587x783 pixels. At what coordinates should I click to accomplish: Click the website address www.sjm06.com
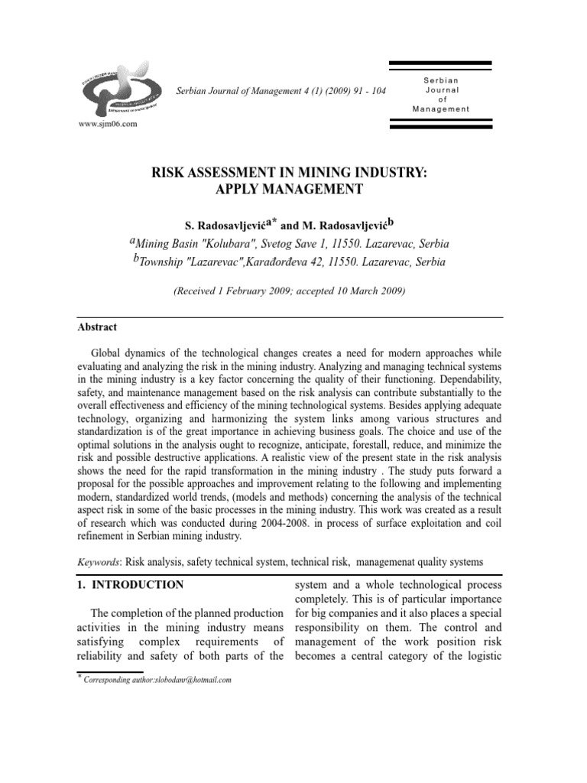tap(108, 125)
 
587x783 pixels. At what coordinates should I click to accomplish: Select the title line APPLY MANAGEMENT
tap(293, 190)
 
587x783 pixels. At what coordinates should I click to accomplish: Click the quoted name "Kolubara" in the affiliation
tap(219, 244)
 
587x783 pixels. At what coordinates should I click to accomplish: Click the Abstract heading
tap(98, 327)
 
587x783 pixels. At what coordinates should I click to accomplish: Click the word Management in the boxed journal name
tap(441, 109)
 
